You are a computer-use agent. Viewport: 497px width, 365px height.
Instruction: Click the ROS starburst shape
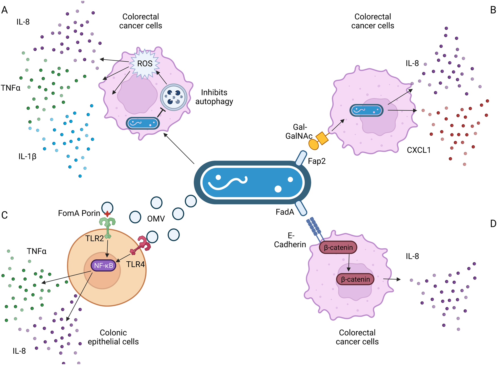[145, 64]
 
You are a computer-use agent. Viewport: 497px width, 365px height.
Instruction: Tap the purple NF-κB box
[103, 266]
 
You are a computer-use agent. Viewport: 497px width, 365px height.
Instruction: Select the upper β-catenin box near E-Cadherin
[338, 247]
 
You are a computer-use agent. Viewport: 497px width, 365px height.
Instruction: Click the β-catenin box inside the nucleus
[355, 279]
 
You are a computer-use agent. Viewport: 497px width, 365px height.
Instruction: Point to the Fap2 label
[317, 161]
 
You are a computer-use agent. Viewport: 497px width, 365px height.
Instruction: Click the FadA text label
[285, 212]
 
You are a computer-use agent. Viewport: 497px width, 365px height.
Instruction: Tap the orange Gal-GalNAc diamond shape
[322, 138]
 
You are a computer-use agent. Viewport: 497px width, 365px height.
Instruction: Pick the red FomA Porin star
[107, 214]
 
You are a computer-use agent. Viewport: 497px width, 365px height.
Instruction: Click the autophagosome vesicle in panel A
[174, 97]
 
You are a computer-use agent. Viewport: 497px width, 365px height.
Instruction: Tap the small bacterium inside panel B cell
[366, 110]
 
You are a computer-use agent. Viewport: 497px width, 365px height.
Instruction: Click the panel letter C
[5, 215]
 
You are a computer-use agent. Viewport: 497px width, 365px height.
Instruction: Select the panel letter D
[493, 224]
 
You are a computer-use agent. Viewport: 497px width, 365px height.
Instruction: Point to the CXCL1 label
[418, 150]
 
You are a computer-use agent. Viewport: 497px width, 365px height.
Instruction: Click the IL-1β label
[28, 156]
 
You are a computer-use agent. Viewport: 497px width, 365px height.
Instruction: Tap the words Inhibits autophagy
[214, 97]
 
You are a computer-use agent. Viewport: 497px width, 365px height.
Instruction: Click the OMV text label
[156, 218]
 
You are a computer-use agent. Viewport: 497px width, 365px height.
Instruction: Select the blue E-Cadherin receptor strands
[315, 227]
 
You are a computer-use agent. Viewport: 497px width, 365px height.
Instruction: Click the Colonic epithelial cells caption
[113, 337]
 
